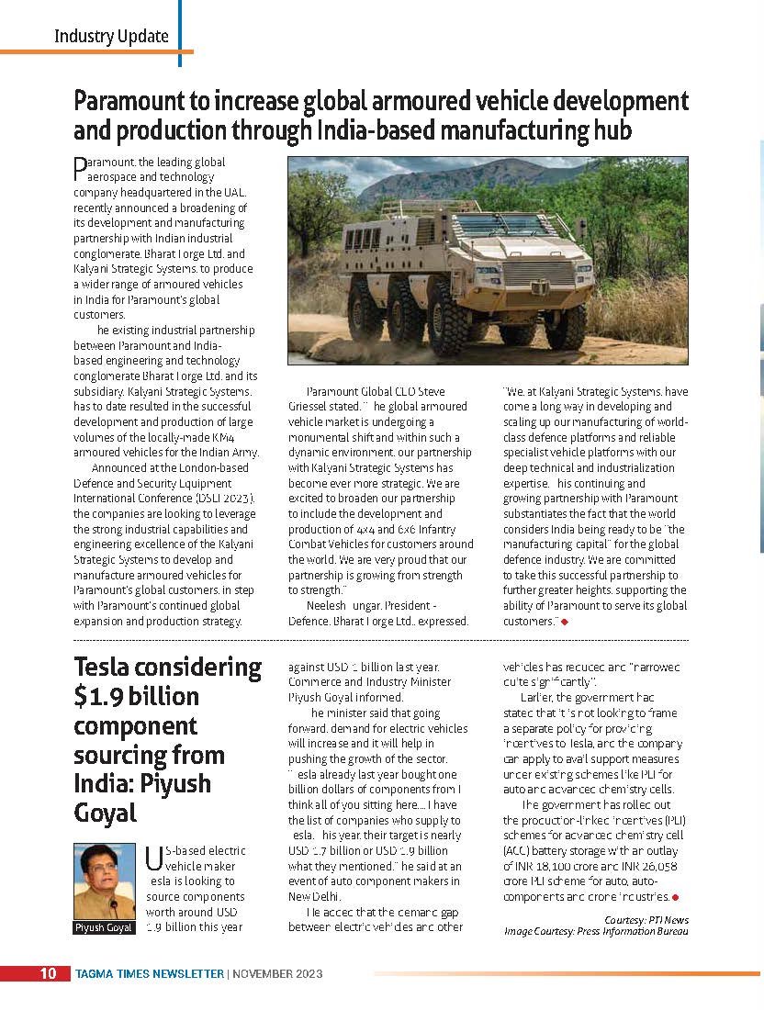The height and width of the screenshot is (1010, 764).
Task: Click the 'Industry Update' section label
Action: click(x=111, y=37)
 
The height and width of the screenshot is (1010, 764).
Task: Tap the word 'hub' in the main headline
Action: click(x=612, y=130)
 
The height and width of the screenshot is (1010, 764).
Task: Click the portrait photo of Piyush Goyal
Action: click(x=104, y=881)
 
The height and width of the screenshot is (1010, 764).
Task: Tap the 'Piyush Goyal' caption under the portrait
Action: click(x=104, y=927)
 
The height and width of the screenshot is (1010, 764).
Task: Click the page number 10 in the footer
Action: click(x=48, y=973)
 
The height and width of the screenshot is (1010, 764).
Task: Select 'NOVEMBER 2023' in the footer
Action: click(x=277, y=973)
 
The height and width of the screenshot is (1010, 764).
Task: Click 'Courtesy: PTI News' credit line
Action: click(x=646, y=920)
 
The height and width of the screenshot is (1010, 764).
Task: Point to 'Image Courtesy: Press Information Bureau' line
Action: click(x=596, y=931)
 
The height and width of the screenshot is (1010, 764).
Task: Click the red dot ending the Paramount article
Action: click(x=565, y=622)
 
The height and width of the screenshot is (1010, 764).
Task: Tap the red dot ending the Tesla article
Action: click(x=675, y=896)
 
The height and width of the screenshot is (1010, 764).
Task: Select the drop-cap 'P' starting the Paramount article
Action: click(x=80, y=167)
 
